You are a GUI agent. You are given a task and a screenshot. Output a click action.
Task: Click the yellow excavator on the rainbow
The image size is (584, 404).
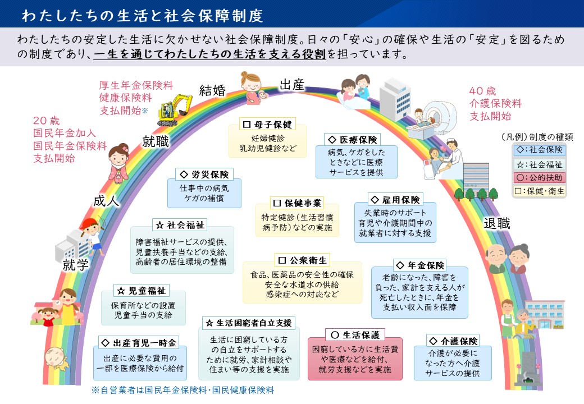[175, 109]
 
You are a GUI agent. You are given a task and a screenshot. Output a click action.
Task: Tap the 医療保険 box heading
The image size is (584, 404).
[352, 140]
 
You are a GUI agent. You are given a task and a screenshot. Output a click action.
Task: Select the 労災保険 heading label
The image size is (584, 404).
[204, 174]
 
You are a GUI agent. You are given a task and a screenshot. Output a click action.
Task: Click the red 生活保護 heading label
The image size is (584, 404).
[355, 335]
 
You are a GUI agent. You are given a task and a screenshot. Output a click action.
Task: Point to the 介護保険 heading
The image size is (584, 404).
[453, 341]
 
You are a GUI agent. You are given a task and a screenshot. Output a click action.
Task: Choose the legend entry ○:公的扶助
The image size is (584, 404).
[539, 178]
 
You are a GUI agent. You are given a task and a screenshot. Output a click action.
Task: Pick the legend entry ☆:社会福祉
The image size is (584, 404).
[539, 164]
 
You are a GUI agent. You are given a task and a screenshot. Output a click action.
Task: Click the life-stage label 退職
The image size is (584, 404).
[496, 223]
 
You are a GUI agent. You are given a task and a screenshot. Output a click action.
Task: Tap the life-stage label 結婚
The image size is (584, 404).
[212, 90]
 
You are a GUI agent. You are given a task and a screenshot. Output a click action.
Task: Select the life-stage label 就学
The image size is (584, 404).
[76, 264]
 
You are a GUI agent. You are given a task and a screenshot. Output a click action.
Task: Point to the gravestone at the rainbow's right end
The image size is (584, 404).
[527, 368]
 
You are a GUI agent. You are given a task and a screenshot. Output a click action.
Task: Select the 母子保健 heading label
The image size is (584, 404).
[267, 124]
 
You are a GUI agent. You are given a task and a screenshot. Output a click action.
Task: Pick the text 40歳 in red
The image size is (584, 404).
[482, 91]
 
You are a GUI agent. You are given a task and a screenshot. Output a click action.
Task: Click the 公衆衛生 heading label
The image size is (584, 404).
[303, 260]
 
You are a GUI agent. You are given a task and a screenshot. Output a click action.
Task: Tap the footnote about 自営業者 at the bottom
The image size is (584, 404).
[183, 390]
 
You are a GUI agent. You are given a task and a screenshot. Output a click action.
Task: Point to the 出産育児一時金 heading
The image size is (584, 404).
[139, 343]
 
